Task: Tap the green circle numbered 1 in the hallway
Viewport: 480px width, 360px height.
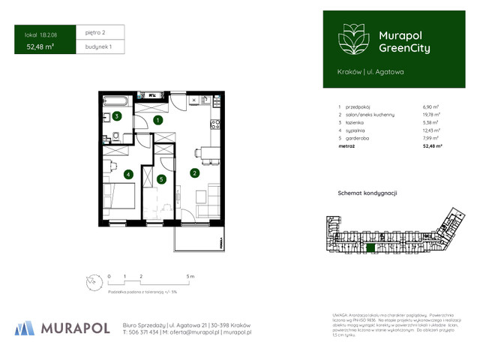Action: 157,119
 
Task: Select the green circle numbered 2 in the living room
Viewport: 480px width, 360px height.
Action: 194,173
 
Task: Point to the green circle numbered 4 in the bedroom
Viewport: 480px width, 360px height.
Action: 129,175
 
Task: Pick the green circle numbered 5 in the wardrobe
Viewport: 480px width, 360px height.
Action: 161,179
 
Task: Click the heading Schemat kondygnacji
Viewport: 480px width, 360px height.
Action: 367,193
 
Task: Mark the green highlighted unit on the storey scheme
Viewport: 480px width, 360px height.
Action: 369,247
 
